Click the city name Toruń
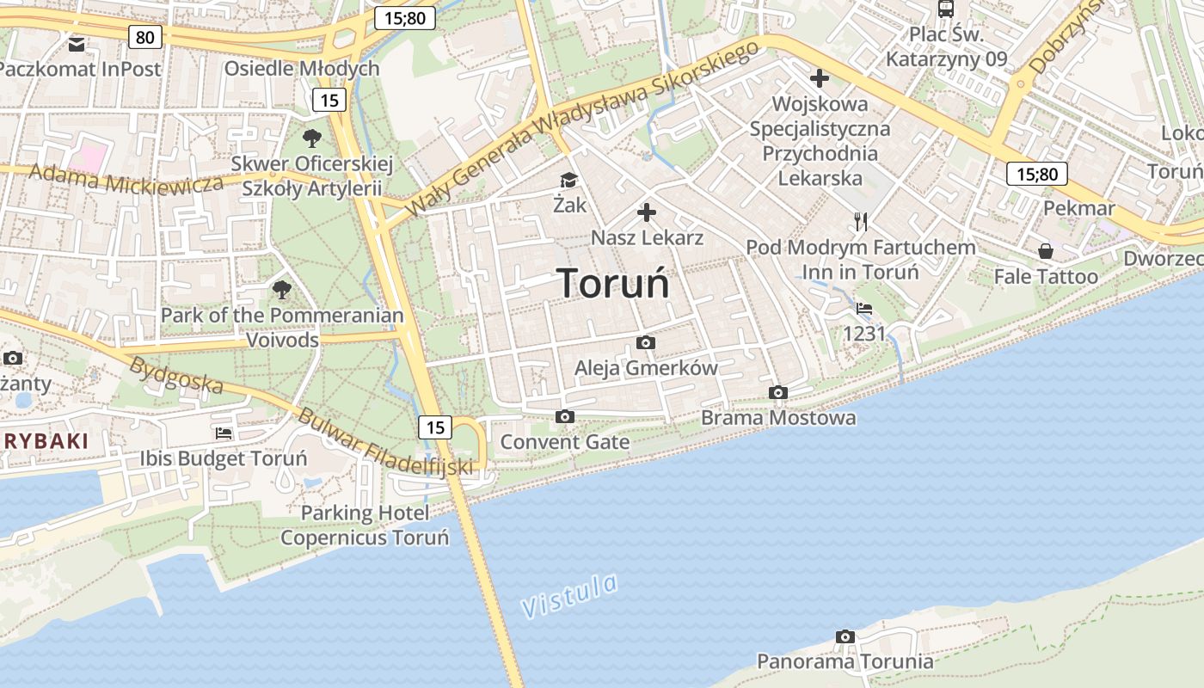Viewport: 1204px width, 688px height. (614, 284)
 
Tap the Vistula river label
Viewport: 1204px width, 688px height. (569, 595)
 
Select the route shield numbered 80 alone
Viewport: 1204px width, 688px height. (144, 36)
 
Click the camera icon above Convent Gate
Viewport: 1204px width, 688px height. (565, 417)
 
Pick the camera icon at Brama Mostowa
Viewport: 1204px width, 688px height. (778, 393)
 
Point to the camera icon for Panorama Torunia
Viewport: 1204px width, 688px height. (845, 637)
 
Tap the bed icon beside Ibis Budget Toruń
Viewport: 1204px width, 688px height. (224, 433)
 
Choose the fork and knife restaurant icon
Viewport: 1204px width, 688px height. (861, 222)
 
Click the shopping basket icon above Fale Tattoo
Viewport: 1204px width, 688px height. (1046, 251)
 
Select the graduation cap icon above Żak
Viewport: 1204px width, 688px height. (568, 180)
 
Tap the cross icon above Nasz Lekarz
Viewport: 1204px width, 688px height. (647, 212)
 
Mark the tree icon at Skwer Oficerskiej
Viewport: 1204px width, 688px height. (312, 138)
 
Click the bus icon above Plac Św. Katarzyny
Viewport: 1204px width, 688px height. (946, 9)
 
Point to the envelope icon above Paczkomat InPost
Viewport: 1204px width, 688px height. (77, 44)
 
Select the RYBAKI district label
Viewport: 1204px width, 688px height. (45, 441)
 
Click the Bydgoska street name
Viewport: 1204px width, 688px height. (175, 375)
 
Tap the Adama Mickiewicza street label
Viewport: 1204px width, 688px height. (126, 179)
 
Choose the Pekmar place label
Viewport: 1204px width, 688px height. (1078, 209)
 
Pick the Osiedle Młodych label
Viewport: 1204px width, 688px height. (302, 69)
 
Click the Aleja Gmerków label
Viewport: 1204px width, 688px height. (646, 368)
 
